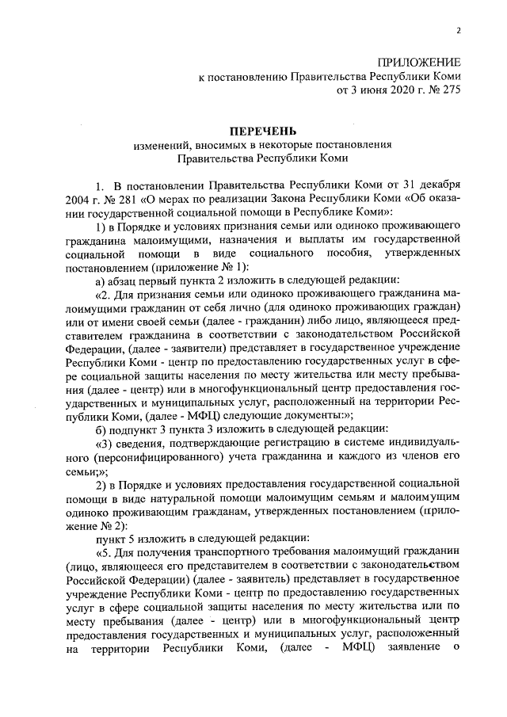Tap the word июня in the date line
371,90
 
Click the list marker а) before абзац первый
101,280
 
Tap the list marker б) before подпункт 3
101,429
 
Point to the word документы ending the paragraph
318,415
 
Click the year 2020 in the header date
405,90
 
